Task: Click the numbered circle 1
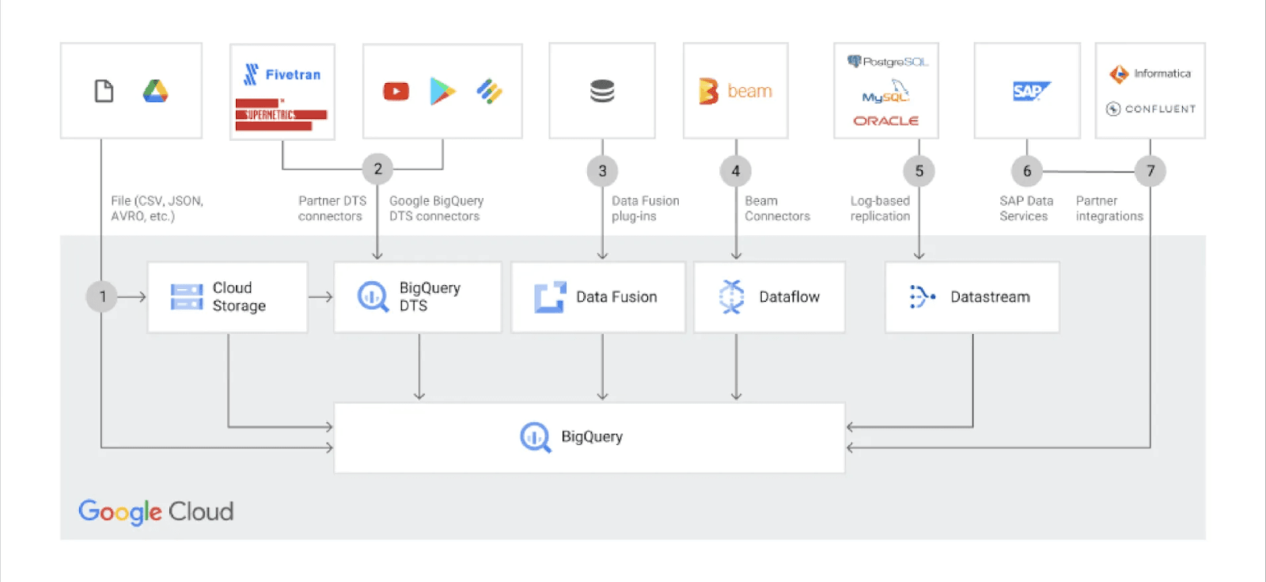click(102, 296)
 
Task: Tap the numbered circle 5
click(919, 170)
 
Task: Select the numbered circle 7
click(1150, 170)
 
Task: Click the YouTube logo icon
click(396, 92)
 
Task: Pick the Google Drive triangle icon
click(155, 92)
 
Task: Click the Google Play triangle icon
click(442, 92)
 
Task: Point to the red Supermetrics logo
click(281, 115)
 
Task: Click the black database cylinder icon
click(602, 92)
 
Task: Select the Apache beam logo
click(735, 92)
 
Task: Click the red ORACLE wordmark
click(885, 121)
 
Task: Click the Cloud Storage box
click(228, 297)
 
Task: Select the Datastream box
click(972, 297)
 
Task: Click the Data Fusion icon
click(550, 297)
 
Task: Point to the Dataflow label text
click(789, 297)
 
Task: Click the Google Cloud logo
click(156, 512)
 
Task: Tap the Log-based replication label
click(880, 208)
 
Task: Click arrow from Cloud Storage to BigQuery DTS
click(320, 297)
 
